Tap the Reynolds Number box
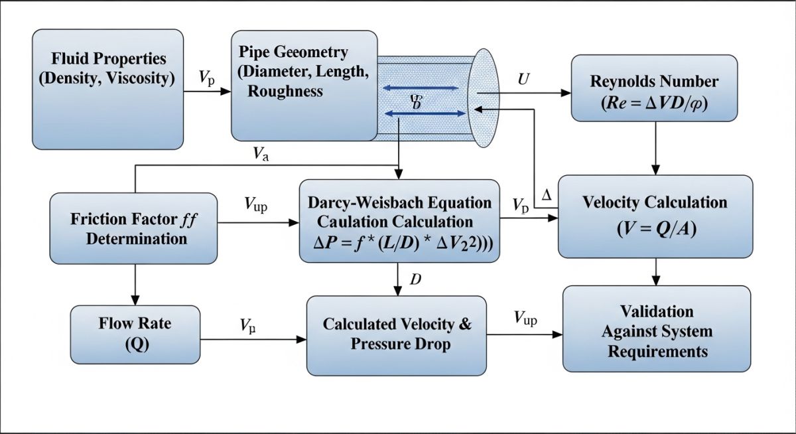click(654, 88)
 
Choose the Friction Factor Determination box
click(134, 228)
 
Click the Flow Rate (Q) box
click(135, 334)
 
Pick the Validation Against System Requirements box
click(657, 330)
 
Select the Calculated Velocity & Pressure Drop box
click(397, 334)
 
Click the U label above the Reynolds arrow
click(523, 79)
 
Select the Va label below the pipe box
click(261, 154)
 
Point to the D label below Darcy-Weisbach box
click(415, 279)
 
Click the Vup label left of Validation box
click(525, 319)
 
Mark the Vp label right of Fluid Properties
click(206, 77)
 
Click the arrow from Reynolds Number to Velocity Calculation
click(656, 148)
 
